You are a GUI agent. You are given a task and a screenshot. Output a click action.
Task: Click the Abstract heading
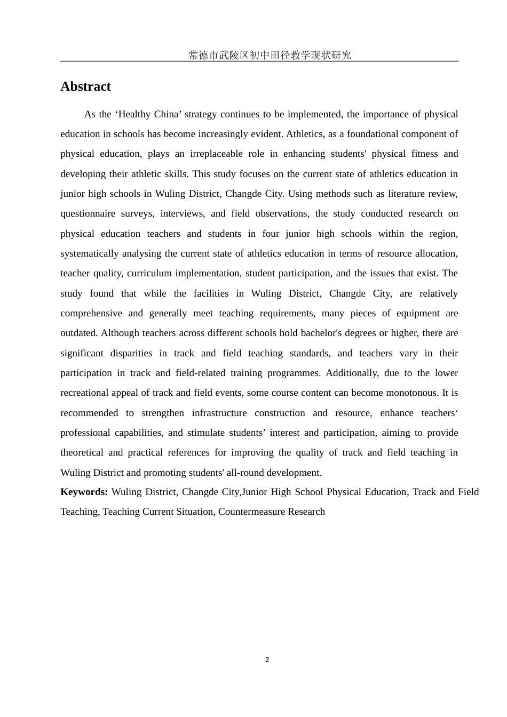click(x=85, y=86)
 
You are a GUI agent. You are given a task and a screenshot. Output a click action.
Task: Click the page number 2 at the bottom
click(x=267, y=660)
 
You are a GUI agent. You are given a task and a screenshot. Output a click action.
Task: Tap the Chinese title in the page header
click(x=270, y=55)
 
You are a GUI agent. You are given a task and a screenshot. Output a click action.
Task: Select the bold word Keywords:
click(x=84, y=492)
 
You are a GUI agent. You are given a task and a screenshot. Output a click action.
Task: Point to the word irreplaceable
click(x=216, y=154)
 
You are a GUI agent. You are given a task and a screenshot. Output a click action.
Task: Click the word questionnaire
click(x=88, y=213)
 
